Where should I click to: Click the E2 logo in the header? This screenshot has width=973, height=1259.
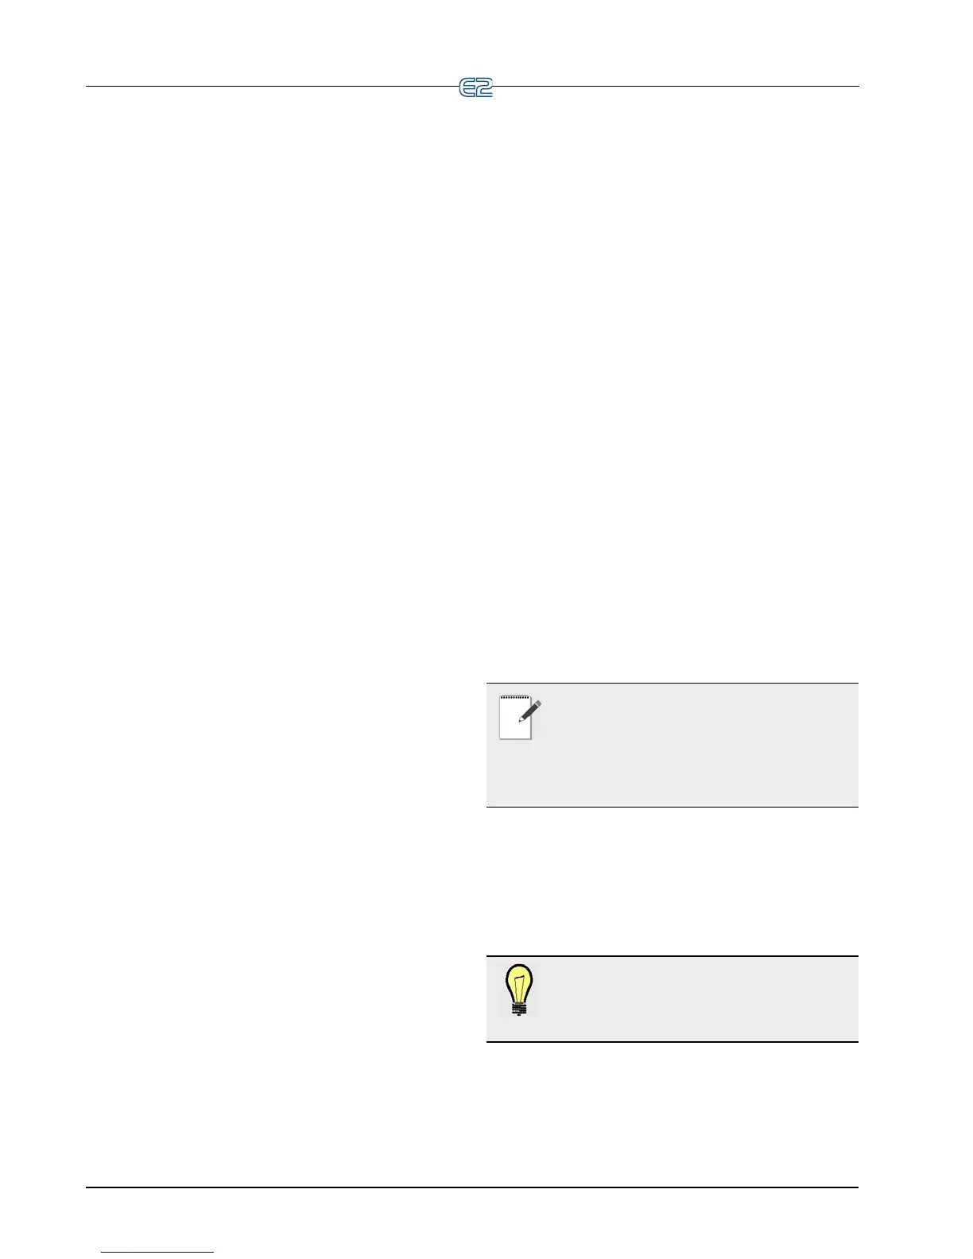tap(476, 87)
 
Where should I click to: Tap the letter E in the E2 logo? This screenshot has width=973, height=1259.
tap(467, 87)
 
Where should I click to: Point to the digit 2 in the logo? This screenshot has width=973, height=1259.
tap(484, 87)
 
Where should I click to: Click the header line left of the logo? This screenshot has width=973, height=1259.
tap(270, 86)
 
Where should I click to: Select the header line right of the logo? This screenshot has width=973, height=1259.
tap(676, 86)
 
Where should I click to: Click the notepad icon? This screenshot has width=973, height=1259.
tap(518, 719)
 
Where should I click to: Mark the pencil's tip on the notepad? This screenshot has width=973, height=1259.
tap(521, 720)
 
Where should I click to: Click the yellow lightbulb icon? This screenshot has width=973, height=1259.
tap(519, 990)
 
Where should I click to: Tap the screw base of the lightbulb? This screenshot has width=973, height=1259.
tap(519, 1009)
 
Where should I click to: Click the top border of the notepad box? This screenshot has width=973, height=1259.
tap(672, 684)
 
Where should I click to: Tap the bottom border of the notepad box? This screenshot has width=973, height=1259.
tap(672, 808)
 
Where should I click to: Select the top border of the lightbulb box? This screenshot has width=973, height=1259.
tap(672, 956)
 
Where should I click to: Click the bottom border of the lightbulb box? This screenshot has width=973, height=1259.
tap(672, 1041)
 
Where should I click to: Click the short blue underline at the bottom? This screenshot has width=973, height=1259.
tap(157, 1253)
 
